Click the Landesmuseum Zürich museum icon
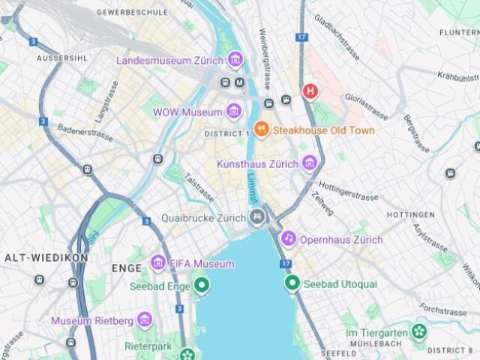(235, 59)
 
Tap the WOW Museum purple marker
(234, 112)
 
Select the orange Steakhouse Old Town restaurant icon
(261, 129)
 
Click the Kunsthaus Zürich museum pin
(309, 163)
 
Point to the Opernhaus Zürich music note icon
(288, 238)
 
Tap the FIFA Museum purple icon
(157, 263)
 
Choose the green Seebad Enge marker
(200, 286)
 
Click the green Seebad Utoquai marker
(292, 283)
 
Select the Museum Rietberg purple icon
(145, 320)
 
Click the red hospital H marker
(310, 91)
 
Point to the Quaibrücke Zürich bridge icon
(257, 218)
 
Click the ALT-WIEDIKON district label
(46, 257)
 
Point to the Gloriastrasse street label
(366, 106)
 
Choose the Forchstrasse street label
(443, 309)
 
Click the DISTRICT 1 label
(226, 133)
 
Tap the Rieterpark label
(148, 346)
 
